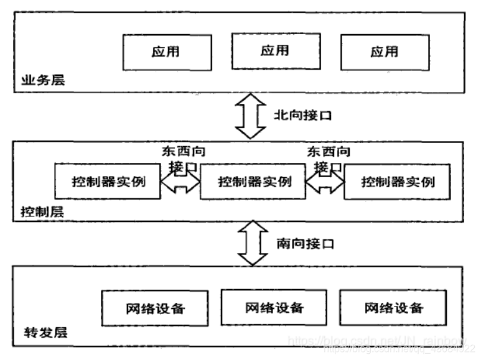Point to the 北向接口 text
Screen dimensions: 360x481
pos(304,115)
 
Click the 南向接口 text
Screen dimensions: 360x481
pos(304,243)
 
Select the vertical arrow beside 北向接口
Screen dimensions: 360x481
pos(250,116)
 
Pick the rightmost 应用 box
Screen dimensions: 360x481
pos(384,52)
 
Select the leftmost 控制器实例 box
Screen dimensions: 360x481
pos(108,182)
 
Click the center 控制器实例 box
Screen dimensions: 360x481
pos(255,182)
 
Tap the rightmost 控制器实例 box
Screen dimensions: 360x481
pos(398,182)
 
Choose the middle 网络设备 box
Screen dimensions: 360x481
pos(274,307)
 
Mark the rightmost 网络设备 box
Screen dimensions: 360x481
pos(393,308)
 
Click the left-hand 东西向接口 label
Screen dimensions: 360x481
pos(183,159)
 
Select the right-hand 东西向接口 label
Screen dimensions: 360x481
pos(327,159)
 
